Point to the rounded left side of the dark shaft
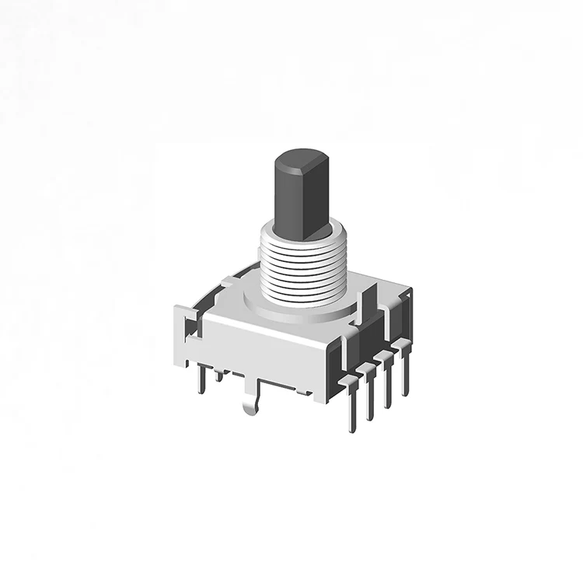tap(285, 194)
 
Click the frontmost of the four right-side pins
tap(354, 404)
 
